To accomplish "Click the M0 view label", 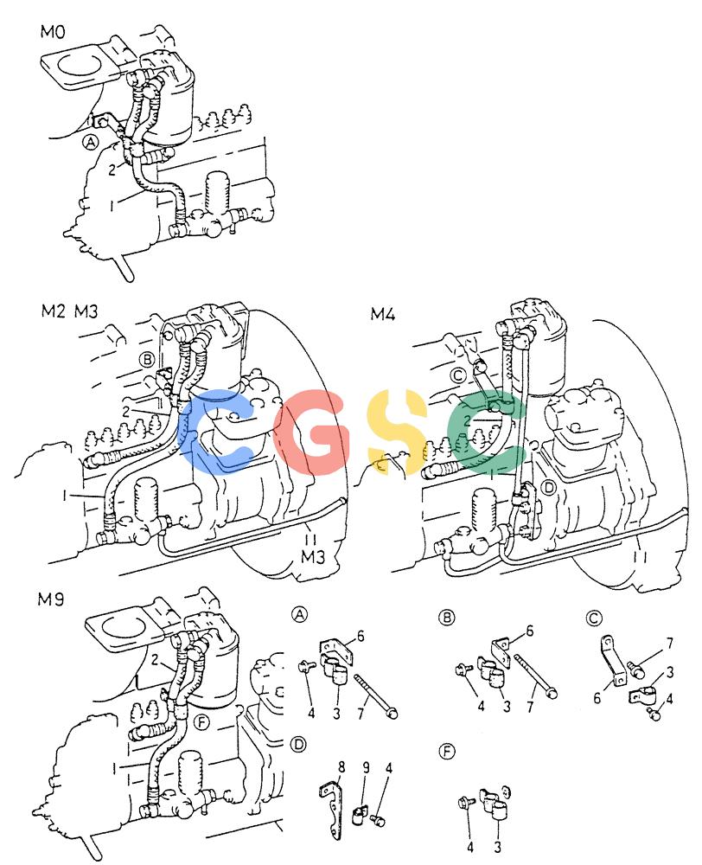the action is coord(53,32).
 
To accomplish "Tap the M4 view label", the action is coord(383,315).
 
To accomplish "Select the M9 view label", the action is coord(50,599).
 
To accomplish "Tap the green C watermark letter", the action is coord(485,432).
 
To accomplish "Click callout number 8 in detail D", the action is coord(341,767).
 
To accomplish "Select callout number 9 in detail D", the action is coord(366,767).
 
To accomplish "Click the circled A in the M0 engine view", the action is coord(90,143).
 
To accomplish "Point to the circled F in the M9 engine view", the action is coord(203,722).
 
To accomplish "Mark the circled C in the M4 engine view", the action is coord(458,375).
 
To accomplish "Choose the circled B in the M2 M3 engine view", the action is coord(147,360).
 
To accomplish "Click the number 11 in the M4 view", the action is coord(640,558).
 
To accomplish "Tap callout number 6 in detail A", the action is coord(361,636).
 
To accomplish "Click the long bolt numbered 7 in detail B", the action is coord(535,676).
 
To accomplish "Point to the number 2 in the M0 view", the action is coord(112,170).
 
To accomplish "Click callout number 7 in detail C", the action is coord(669,644).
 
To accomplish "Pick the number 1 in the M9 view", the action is coord(115,767).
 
